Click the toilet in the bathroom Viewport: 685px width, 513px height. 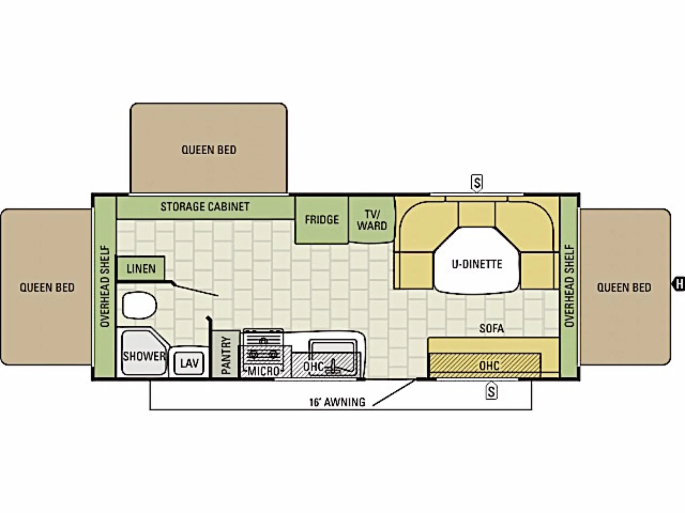point(139,305)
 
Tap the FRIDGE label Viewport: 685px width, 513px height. point(321,219)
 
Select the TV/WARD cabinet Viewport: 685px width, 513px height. point(372,219)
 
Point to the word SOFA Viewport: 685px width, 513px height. point(491,328)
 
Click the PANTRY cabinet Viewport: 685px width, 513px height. point(226,354)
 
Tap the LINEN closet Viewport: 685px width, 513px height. point(141,268)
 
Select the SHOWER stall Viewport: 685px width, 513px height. point(144,353)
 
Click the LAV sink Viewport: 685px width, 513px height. point(189,363)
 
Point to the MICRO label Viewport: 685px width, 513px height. point(264,371)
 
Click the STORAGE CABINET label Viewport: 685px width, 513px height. point(205,207)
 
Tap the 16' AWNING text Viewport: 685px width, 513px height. point(337,402)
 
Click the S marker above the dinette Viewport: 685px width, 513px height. point(477,183)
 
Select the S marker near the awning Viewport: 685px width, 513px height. point(491,391)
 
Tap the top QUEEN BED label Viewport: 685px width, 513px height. point(209,150)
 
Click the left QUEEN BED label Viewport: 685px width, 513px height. point(47,287)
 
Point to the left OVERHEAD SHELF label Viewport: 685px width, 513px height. point(105,286)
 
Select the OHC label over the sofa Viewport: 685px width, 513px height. point(489,366)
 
